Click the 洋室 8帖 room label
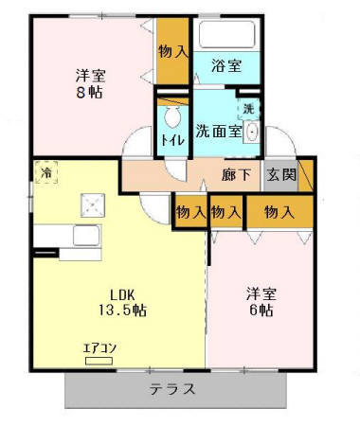coord(90,83)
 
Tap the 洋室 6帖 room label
coord(261,300)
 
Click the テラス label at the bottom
coord(172,388)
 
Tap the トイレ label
coord(172,140)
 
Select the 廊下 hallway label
coord(236,175)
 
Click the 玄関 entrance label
coord(280,175)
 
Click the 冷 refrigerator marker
coord(45,172)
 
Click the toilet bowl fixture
coord(172,117)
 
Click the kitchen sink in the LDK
coord(88,236)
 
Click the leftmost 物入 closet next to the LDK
coord(190,213)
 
